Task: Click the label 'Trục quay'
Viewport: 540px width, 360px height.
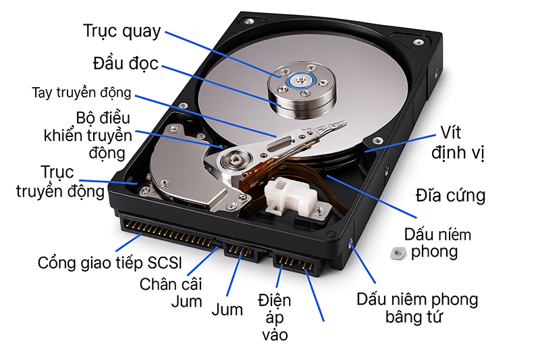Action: click(122, 31)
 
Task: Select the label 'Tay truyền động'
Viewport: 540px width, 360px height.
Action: click(81, 93)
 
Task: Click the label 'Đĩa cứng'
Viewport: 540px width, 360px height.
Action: click(450, 195)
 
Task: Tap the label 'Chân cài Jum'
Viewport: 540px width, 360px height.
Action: click(171, 292)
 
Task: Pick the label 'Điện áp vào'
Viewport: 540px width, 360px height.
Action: click(274, 316)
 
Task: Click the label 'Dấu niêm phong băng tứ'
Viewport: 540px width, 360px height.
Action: click(417, 307)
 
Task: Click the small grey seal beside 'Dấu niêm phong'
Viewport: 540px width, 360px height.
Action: click(396, 253)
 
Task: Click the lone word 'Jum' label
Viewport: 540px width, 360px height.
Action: click(227, 311)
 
